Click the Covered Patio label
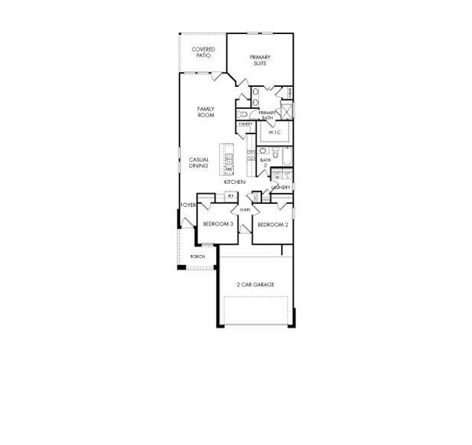203,52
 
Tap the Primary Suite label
260,60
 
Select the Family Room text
206,112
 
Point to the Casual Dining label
198,162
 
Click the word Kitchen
235,182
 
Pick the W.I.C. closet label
273,133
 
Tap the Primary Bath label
268,115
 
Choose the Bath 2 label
265,162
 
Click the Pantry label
246,124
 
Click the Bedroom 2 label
272,224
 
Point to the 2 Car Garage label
255,284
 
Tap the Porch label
197,256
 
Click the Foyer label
188,205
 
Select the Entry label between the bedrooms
245,210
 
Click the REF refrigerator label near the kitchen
231,196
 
